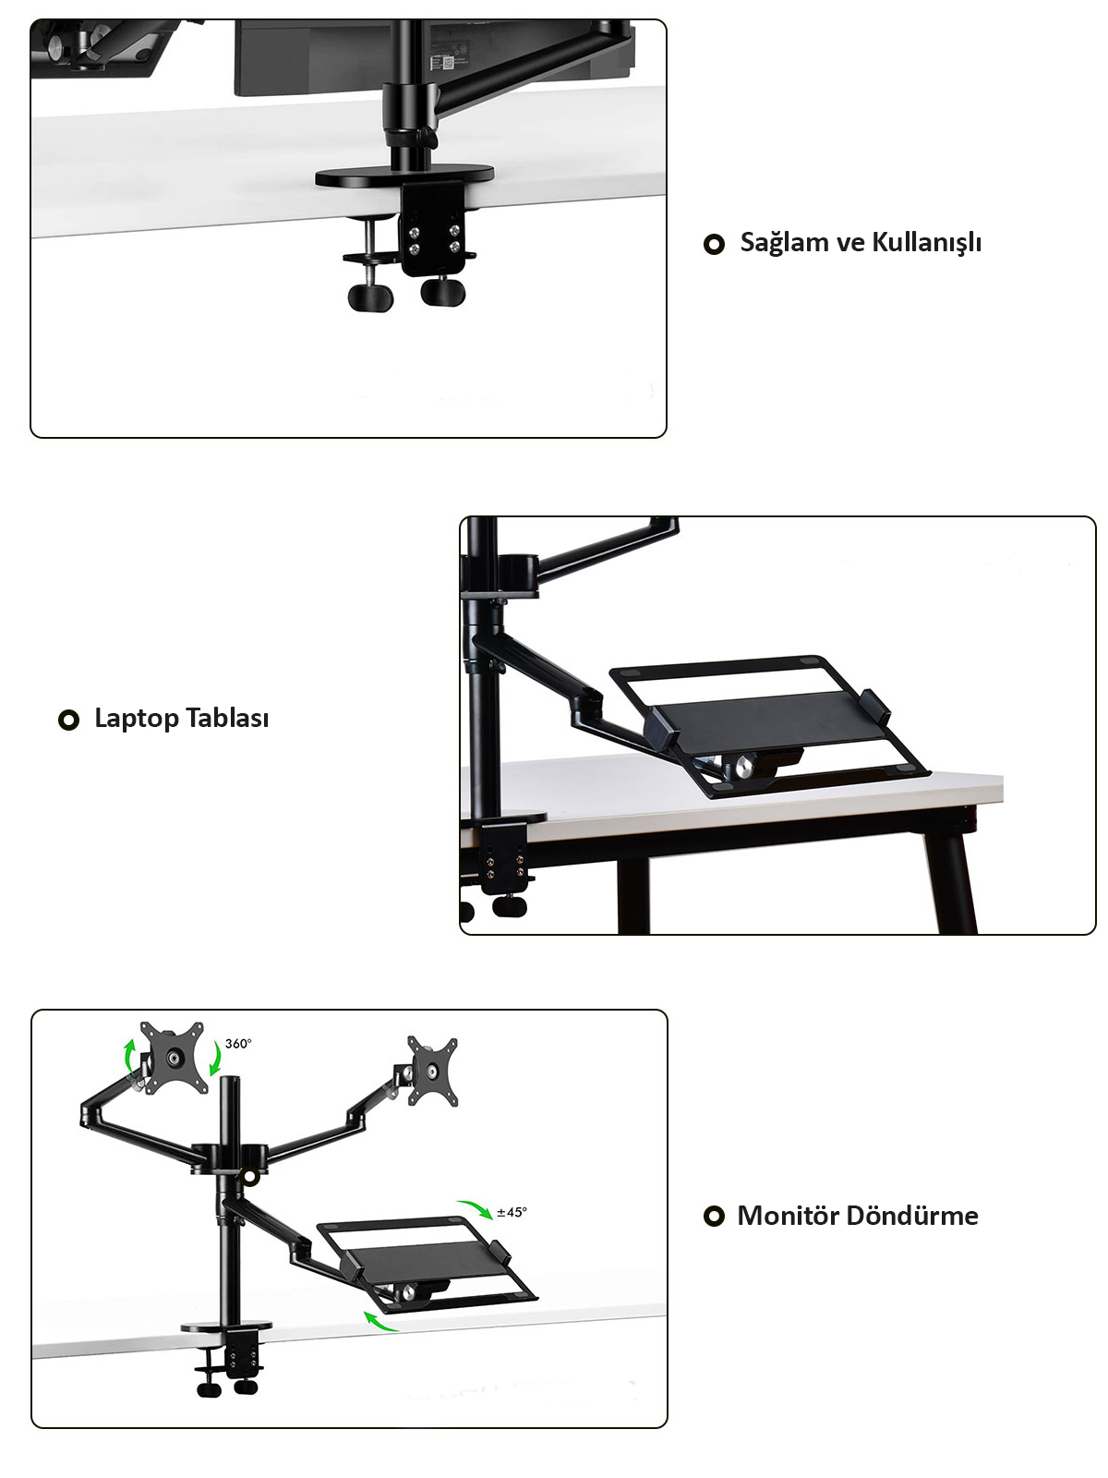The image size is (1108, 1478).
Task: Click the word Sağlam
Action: coord(783,242)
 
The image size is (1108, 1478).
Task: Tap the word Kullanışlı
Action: coord(926,242)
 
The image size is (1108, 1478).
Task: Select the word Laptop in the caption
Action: coord(136,719)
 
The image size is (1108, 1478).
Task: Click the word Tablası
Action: coord(227,718)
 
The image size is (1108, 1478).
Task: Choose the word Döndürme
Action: coord(911,1216)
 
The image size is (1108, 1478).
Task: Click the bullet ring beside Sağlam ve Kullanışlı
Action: coord(713,244)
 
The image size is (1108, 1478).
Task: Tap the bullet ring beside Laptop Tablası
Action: coord(68,720)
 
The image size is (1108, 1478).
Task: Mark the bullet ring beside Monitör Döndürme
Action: coord(714,1217)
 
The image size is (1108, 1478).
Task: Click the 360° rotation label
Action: coord(238,1044)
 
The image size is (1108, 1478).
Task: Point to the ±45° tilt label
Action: coord(512,1213)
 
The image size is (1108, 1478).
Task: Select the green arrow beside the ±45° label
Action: coord(476,1208)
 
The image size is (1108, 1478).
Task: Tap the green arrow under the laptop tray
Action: coord(379,1322)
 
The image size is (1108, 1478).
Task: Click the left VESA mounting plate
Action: coord(173,1058)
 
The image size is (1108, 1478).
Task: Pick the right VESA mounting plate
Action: coord(432,1071)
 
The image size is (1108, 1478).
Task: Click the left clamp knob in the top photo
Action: coord(370,296)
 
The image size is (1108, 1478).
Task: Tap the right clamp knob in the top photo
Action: coord(442,291)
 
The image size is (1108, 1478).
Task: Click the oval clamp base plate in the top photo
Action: coord(404,176)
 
